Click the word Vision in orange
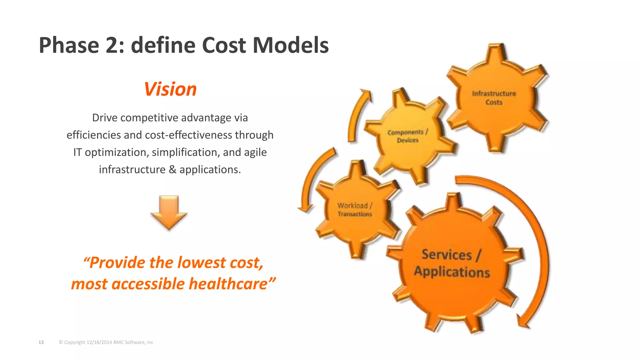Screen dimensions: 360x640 [x=170, y=89]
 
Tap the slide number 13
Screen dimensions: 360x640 [x=41, y=342]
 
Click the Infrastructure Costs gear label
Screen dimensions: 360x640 [x=494, y=98]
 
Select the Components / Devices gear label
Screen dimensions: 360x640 [x=407, y=136]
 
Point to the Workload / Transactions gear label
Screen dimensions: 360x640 [x=355, y=210]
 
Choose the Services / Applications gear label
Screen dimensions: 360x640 [x=452, y=263]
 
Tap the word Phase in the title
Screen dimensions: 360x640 [x=69, y=45]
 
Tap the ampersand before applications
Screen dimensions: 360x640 [x=172, y=170]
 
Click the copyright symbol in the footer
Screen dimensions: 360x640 [x=61, y=342]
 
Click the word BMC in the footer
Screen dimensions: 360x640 [x=118, y=342]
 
